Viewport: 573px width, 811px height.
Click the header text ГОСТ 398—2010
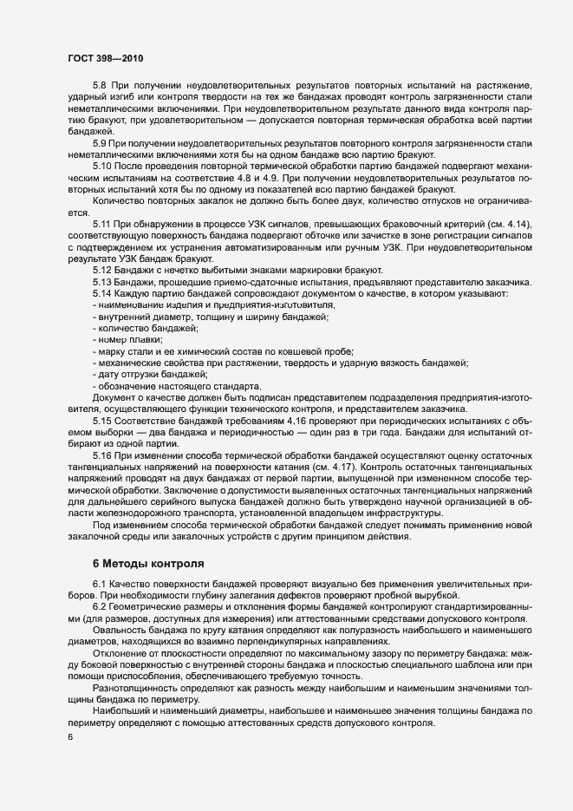tap(105, 58)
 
